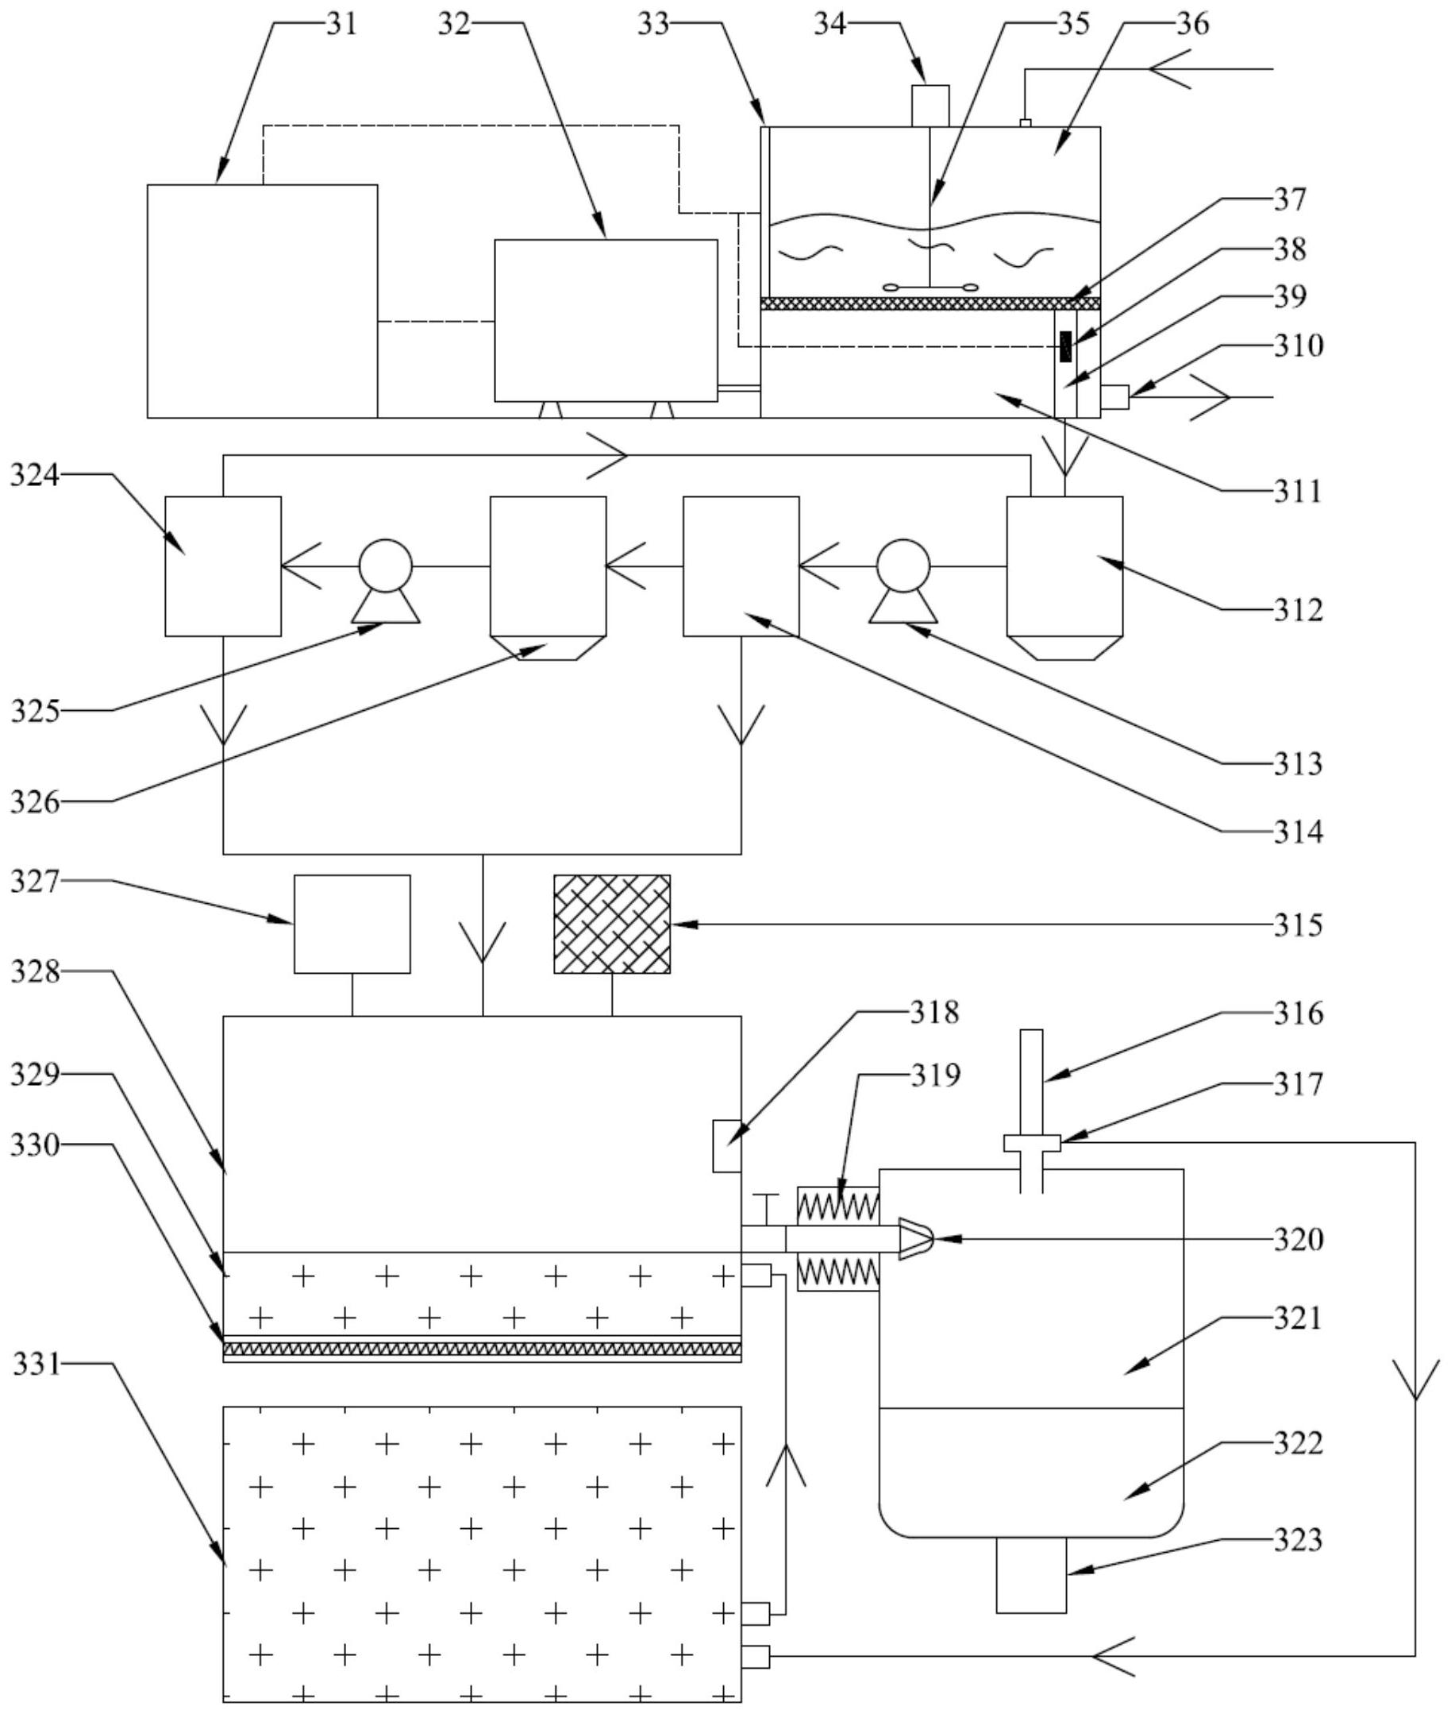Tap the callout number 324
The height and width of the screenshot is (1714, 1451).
(x=35, y=475)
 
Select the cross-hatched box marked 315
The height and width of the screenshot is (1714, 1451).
(x=611, y=924)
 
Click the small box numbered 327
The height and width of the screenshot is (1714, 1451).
(x=352, y=924)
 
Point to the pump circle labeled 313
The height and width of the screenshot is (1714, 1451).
(x=903, y=566)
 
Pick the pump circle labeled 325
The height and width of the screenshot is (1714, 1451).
(x=385, y=566)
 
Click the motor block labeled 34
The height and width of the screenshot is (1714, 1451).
(x=930, y=106)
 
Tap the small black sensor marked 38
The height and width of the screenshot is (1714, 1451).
(x=1066, y=346)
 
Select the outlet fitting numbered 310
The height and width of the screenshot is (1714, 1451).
(x=1114, y=398)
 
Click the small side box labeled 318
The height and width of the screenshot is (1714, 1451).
(x=726, y=1145)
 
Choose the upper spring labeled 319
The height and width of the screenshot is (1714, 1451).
(x=838, y=1206)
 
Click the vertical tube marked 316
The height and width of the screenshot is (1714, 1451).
(x=1030, y=1081)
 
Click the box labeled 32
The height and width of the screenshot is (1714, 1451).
(x=606, y=320)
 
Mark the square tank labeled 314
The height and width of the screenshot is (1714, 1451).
(x=741, y=566)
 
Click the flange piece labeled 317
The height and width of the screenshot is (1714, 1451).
(x=1031, y=1143)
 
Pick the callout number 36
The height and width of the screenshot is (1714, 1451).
(x=1192, y=23)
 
